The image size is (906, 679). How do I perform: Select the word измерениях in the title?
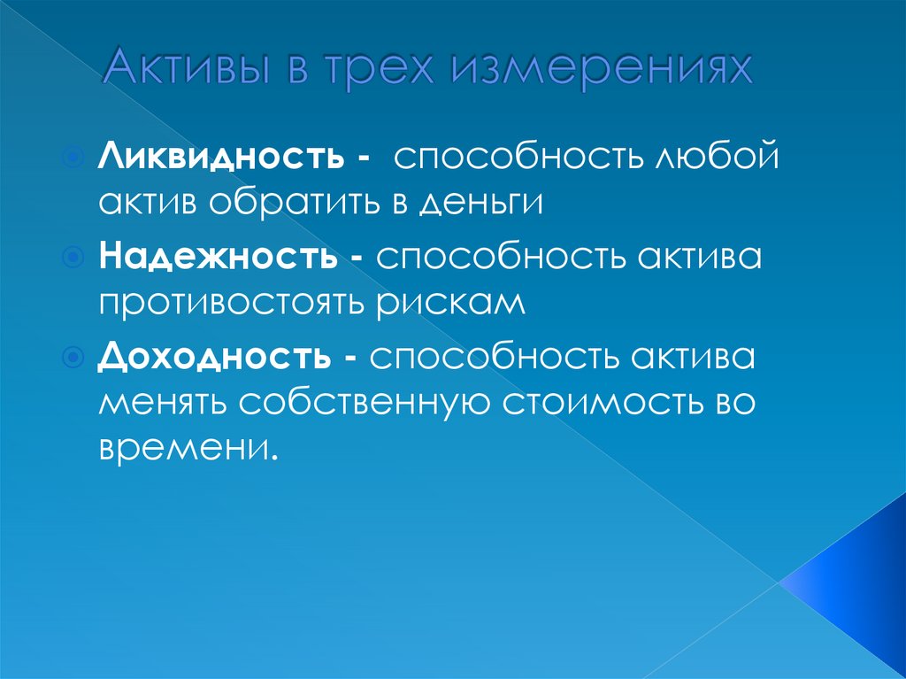click(603, 70)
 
